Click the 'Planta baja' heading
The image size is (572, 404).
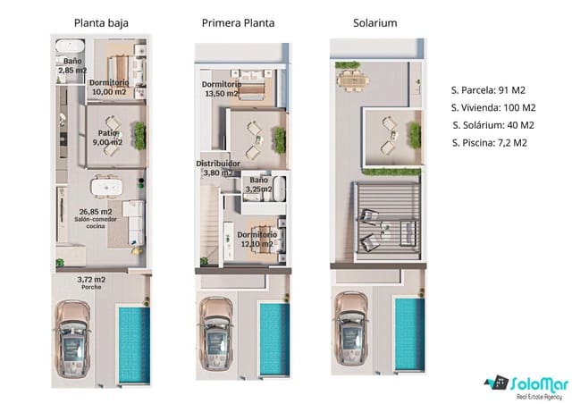[101, 22]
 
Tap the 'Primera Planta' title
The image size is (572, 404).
[239, 22]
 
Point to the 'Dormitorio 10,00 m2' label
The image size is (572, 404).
[109, 87]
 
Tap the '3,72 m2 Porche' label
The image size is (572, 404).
[90, 283]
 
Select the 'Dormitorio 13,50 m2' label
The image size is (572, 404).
[221, 88]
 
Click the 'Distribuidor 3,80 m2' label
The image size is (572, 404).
[218, 168]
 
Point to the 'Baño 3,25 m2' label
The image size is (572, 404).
[258, 185]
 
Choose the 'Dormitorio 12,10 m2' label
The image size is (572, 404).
[257, 240]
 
